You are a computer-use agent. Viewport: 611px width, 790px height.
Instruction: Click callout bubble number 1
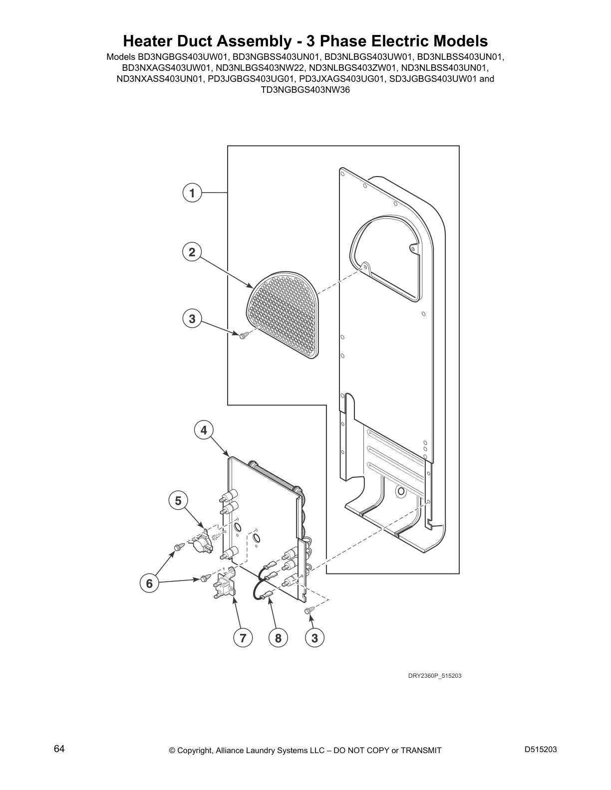192,193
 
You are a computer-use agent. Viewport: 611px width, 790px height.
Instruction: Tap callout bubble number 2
192,252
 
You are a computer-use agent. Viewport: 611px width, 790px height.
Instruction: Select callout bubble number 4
204,430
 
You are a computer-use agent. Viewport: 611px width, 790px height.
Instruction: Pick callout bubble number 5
178,500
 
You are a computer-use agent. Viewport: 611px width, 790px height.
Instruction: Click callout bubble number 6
149,583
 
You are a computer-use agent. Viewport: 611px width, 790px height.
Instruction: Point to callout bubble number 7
243,637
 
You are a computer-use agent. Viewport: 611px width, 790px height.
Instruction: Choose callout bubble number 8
278,637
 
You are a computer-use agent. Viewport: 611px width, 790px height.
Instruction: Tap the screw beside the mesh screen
244,336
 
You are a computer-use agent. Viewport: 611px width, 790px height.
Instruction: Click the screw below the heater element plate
309,610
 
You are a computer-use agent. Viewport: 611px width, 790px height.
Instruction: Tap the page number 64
59,749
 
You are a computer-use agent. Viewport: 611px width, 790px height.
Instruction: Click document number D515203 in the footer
541,750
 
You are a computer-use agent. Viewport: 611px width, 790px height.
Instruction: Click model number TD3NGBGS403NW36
305,90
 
